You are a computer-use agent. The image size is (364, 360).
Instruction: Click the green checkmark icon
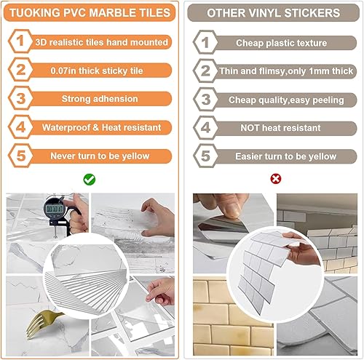[x=89, y=178]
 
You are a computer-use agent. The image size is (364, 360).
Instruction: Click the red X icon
[x=275, y=178]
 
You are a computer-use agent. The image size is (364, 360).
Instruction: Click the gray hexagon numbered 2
[x=205, y=71]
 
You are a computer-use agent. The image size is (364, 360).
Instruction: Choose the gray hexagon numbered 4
[x=205, y=127]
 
